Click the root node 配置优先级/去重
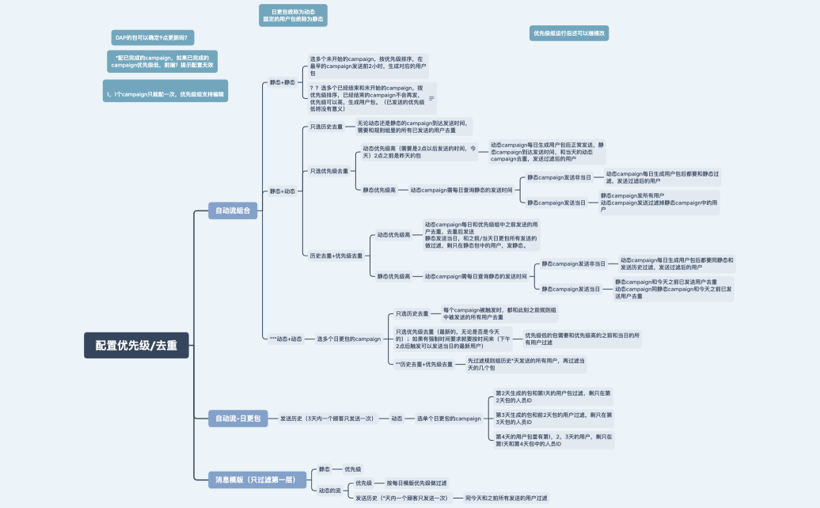click(136, 345)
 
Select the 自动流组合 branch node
click(233, 210)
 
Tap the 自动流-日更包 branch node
click(238, 419)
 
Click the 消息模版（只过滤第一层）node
click(256, 479)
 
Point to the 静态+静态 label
click(282, 82)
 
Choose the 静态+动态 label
click(282, 191)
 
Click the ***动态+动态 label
click(285, 339)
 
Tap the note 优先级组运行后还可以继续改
click(568, 33)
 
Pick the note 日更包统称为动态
click(293, 16)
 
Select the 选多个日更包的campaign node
click(349, 339)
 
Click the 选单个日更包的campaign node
click(449, 419)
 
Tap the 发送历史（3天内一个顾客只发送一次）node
click(327, 419)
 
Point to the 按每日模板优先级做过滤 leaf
click(416, 483)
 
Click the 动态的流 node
click(330, 491)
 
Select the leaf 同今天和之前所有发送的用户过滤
click(506, 499)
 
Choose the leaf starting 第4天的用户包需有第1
click(553, 440)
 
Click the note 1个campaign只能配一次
click(165, 93)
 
